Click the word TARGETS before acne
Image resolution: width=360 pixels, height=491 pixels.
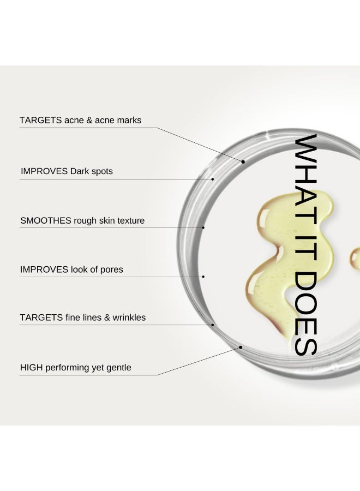pyautogui.click(x=40, y=120)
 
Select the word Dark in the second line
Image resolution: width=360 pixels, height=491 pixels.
pyautogui.click(x=80, y=171)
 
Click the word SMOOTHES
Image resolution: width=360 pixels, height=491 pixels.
pyautogui.click(x=46, y=220)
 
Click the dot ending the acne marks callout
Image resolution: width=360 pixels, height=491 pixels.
pyautogui.click(x=243, y=161)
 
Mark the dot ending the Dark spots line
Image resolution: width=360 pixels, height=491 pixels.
pyautogui.click(x=213, y=179)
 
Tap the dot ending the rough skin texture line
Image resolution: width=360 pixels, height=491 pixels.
pyautogui.click(x=203, y=227)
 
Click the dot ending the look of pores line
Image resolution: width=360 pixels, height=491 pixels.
pyautogui.click(x=203, y=277)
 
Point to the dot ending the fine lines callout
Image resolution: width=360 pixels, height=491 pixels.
pyautogui.click(x=213, y=325)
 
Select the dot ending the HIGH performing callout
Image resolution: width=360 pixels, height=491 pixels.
pyautogui.click(x=241, y=347)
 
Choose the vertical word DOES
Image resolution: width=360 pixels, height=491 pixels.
pyautogui.click(x=306, y=313)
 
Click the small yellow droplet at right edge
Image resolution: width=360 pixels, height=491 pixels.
pyautogui.click(x=356, y=259)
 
